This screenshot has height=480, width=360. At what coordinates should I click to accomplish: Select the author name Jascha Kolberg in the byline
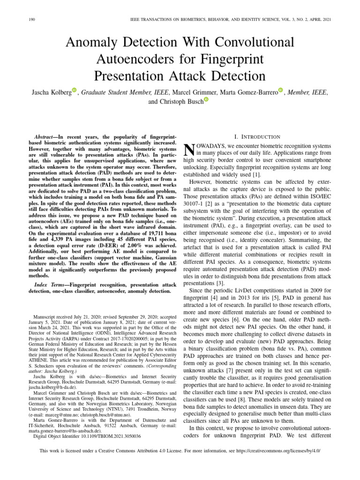[x=48, y=93]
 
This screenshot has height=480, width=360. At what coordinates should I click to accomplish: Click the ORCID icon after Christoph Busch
[x=206, y=100]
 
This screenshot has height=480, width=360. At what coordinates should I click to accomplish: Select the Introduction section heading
[x=260, y=137]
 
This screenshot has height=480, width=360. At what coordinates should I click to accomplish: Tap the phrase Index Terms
[x=50, y=285]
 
